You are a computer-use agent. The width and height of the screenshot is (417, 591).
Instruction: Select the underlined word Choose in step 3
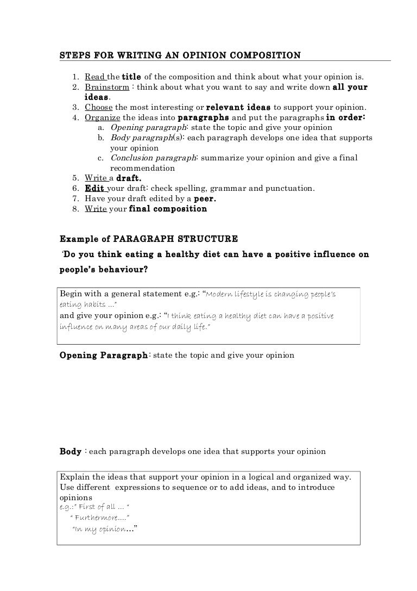point(98,106)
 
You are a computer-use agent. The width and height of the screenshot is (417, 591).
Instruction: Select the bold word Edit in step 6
point(94,189)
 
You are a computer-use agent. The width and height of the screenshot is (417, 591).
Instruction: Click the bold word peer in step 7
point(206,198)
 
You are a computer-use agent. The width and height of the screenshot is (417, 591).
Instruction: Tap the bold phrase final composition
point(168,209)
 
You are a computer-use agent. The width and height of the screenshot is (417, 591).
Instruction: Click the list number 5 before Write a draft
point(74,178)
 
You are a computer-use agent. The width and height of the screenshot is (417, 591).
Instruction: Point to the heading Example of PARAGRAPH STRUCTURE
point(148,238)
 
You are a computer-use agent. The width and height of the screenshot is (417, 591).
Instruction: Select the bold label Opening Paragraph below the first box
point(103,355)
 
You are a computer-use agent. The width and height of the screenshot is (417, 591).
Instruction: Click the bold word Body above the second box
point(70,451)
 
